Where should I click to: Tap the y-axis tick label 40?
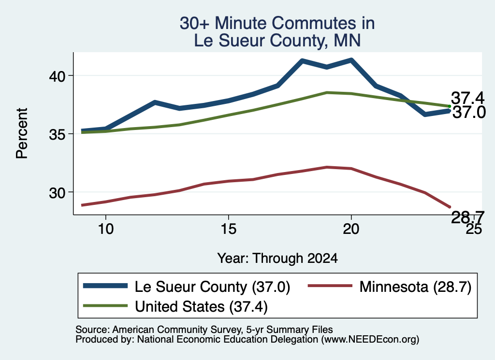pos(57,76)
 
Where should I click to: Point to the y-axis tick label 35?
pos(57,134)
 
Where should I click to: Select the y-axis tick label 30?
pos(57,192)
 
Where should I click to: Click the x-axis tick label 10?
pos(106,229)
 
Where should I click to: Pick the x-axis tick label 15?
pos(228,229)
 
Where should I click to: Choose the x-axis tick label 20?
pos(351,229)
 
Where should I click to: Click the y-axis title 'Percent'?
pos(22,133)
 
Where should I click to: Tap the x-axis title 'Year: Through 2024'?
pos(277,259)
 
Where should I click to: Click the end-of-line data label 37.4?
pos(467,98)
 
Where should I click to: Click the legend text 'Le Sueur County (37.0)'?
pos(213,287)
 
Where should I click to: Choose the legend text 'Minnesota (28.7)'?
pos(415,287)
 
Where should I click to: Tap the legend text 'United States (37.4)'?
pos(202,307)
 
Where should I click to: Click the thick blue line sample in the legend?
pos(105,286)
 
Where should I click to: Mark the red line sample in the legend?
pos(330,286)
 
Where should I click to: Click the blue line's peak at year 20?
pos(351,60)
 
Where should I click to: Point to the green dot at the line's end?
pos(449,106)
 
